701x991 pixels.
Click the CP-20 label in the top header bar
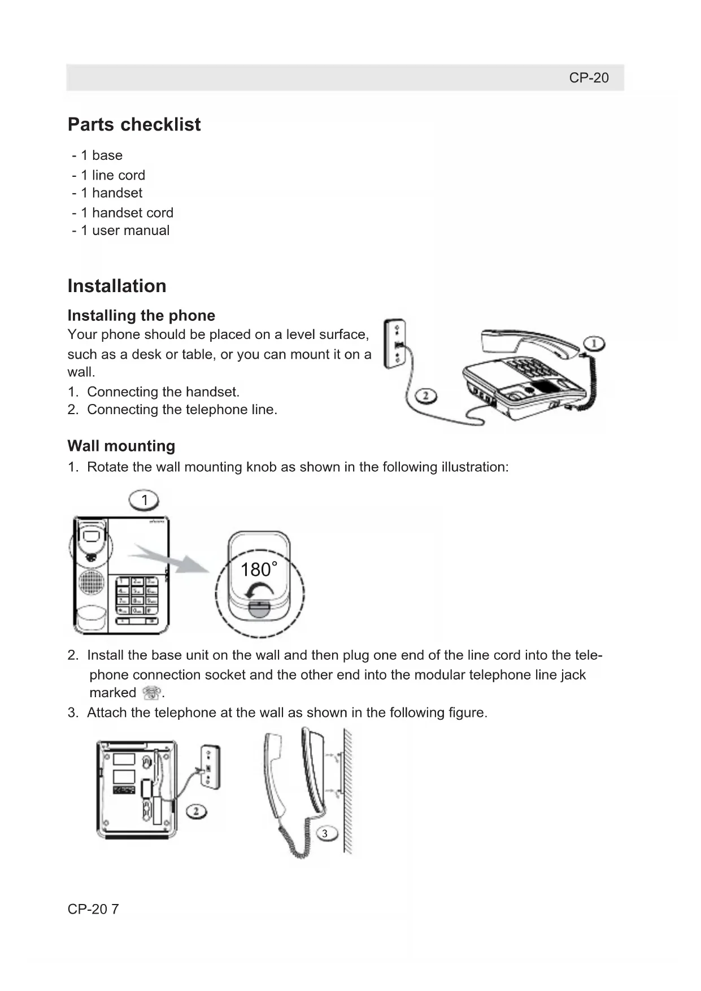pyautogui.click(x=588, y=78)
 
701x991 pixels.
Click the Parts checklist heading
pyautogui.click(x=134, y=124)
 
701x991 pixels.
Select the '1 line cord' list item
pyautogui.click(x=112, y=175)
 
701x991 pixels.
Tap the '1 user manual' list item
pyautogui.click(x=124, y=231)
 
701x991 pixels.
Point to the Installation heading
pyautogui.click(x=117, y=286)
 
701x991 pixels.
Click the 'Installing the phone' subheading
pyautogui.click(x=141, y=315)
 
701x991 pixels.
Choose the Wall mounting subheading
pyautogui.click(x=121, y=446)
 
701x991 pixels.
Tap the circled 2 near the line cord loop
pyautogui.click(x=426, y=395)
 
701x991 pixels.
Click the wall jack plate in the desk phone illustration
pyautogui.click(x=395, y=344)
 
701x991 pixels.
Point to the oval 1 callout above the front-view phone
pyautogui.click(x=144, y=500)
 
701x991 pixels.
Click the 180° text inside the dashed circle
pyautogui.click(x=259, y=570)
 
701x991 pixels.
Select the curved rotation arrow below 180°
pyautogui.click(x=260, y=592)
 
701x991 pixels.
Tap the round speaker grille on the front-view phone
pyautogui.click(x=91, y=582)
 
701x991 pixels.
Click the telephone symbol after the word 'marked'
pyautogui.click(x=151, y=693)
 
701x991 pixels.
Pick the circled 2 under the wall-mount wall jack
pyautogui.click(x=197, y=812)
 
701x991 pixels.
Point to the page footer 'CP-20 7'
pyautogui.click(x=93, y=909)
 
